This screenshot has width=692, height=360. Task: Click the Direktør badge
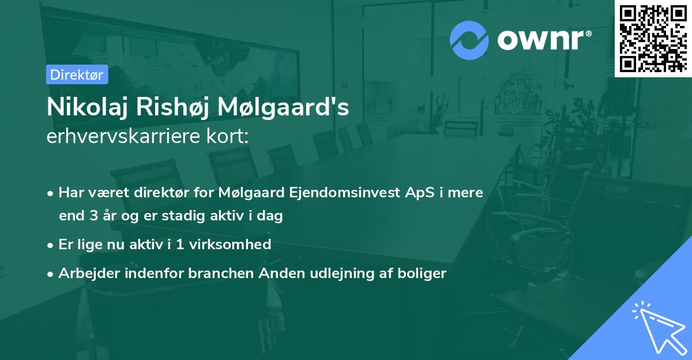(77, 74)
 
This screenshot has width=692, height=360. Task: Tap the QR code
(653, 38)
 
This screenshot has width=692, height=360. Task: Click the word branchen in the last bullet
(221, 273)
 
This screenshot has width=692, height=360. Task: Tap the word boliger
(422, 273)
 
